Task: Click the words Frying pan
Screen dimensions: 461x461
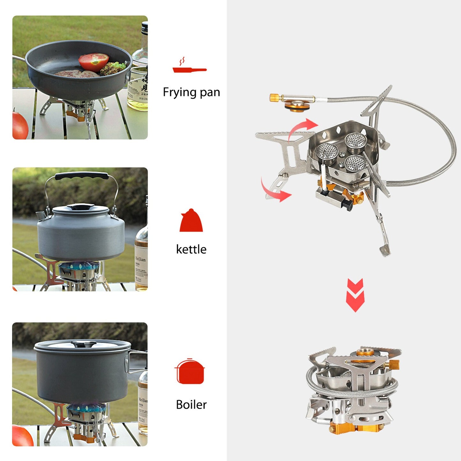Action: [191, 92]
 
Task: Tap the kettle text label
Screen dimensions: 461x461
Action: [191, 249]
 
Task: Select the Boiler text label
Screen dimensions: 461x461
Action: [191, 405]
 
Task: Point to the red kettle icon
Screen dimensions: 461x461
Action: [191, 221]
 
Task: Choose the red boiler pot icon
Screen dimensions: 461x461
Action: [190, 371]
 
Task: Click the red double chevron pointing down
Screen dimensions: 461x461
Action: [355, 295]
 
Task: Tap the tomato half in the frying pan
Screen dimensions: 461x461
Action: [94, 61]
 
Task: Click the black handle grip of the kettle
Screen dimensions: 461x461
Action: [82, 176]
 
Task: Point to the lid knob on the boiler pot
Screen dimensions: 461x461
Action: [84, 344]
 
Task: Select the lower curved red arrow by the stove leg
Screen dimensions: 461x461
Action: [274, 191]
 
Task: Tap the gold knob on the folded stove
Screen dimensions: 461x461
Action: [394, 364]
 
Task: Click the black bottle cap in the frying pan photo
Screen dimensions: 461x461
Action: [145, 25]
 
